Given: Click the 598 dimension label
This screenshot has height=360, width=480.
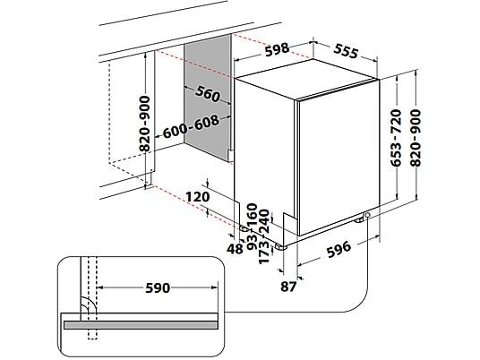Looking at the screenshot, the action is point(277,50).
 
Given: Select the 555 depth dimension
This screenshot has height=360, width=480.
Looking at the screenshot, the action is point(346,51).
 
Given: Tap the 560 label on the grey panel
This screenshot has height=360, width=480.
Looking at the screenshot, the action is point(208,94).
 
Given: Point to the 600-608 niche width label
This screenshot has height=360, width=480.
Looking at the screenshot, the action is point(191,127).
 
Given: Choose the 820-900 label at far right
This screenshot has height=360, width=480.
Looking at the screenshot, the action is point(416,138).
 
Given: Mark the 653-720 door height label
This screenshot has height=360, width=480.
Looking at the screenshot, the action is point(396,138).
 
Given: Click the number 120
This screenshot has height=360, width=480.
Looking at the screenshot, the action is point(198,197).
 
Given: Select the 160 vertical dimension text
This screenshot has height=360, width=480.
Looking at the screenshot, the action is point(253,214).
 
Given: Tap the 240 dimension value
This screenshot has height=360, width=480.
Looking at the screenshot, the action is point(264,221).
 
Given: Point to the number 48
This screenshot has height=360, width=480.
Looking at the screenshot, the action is point(235,249).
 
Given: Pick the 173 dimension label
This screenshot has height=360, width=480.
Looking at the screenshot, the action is point(264,253).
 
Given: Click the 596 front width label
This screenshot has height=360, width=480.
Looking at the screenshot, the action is point(339,249).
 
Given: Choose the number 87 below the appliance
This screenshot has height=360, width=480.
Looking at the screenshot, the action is point(288,287).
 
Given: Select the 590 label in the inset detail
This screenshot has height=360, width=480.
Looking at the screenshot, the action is point(158,288).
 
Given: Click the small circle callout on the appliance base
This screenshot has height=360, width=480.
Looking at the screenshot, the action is point(367,215).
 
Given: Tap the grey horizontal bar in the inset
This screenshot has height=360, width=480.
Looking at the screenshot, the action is point(141,325).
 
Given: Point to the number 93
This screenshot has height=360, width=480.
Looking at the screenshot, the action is point(253,242).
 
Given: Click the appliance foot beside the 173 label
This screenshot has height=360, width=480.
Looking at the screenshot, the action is point(280,246).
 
